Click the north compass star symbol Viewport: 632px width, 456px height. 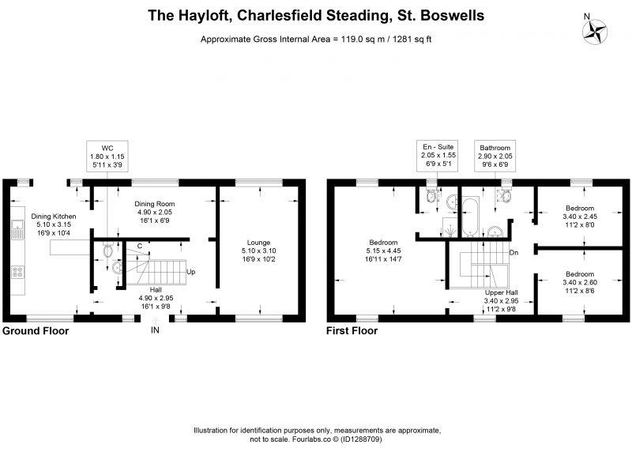(x=595, y=32)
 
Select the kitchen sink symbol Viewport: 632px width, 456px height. (x=17, y=229)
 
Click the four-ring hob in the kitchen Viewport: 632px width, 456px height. (x=17, y=272)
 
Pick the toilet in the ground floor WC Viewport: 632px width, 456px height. (x=107, y=250)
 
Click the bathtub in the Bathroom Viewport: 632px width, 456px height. (x=470, y=217)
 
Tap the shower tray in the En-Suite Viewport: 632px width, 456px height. (x=450, y=228)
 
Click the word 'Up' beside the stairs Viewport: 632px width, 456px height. (x=190, y=272)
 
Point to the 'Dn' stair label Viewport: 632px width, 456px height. (x=514, y=253)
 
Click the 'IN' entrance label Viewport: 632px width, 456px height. (x=155, y=330)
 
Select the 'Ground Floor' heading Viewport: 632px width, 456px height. (x=36, y=331)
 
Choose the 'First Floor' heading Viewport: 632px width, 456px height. (x=352, y=331)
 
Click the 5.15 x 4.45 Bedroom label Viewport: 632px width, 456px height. (x=383, y=251)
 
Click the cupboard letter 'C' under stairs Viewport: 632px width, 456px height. (x=140, y=246)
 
